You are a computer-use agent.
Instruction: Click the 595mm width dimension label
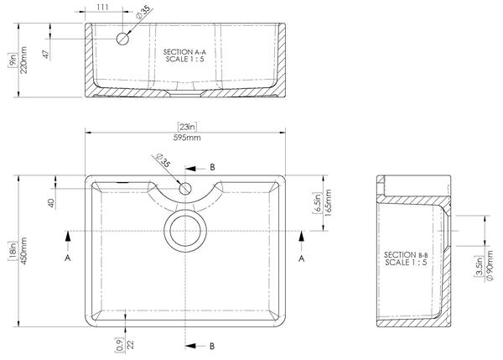(187, 138)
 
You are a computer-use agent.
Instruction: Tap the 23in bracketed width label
(187, 127)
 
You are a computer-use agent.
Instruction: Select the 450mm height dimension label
(23, 251)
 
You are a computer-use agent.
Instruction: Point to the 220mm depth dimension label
(23, 60)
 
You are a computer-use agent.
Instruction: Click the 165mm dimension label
(328, 203)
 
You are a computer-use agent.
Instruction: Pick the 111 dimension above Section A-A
(102, 7)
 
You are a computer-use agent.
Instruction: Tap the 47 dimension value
(46, 55)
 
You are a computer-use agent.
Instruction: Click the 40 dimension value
(51, 203)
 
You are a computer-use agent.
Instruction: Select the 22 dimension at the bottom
(130, 345)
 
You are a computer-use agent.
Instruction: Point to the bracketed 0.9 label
(119, 345)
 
